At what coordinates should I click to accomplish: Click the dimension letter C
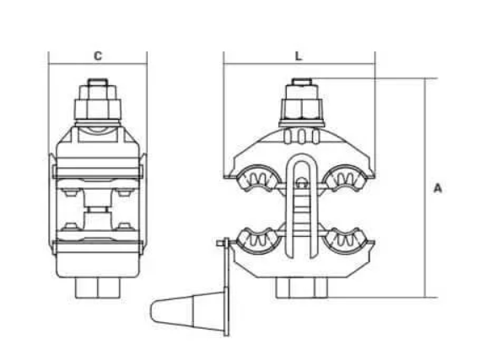coord(98,56)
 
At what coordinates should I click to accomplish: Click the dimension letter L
coord(299,56)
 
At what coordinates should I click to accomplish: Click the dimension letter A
coord(438,188)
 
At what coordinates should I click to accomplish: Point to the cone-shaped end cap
coord(181,309)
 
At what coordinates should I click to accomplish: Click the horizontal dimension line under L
coord(299,65)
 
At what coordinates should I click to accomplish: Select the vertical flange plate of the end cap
coord(225,287)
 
